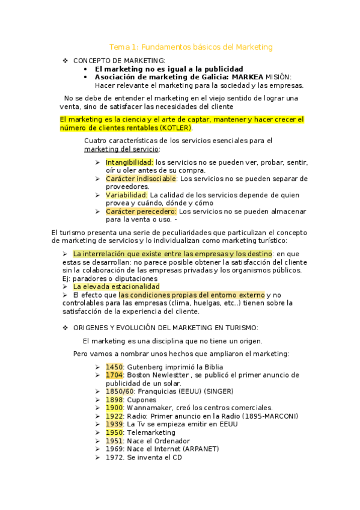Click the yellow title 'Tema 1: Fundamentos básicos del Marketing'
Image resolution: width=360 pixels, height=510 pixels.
click(191, 47)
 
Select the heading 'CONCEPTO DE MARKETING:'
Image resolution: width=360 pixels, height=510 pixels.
click(119, 61)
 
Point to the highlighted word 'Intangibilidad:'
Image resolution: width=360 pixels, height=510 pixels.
click(129, 162)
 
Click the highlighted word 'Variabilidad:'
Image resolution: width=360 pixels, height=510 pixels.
click(126, 195)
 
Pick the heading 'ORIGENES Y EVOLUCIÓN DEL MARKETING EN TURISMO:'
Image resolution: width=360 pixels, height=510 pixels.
click(166, 327)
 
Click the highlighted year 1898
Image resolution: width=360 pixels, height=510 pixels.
click(114, 400)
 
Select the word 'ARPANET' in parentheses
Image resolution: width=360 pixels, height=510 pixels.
click(197, 449)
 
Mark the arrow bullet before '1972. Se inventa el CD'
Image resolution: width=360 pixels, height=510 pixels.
click(98, 457)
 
